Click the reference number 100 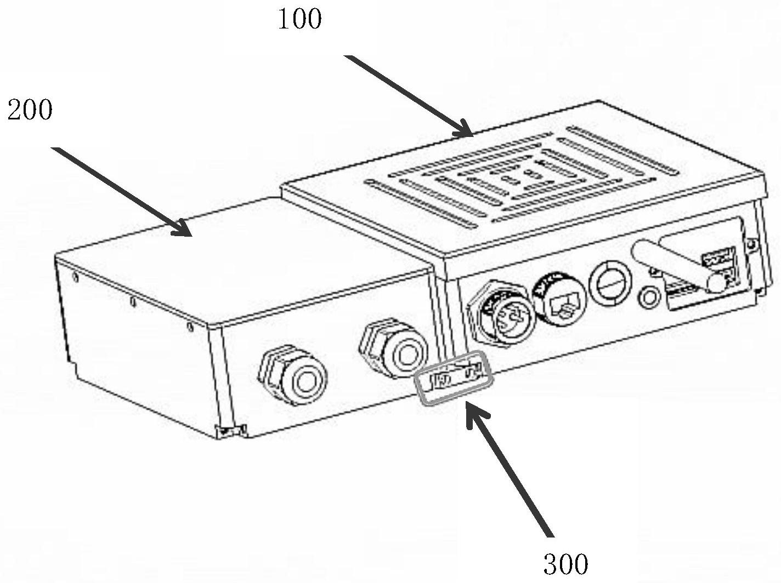[299, 20]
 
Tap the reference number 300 [565, 563]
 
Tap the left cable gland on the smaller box [293, 375]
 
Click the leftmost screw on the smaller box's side [75, 277]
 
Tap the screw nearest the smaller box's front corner [190, 327]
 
